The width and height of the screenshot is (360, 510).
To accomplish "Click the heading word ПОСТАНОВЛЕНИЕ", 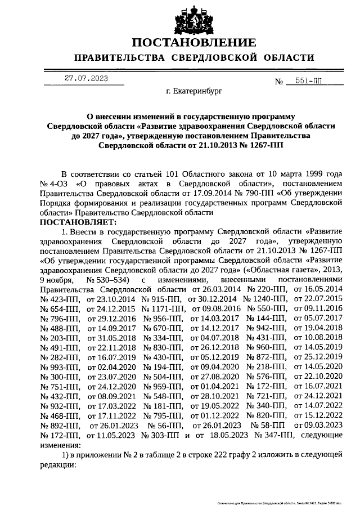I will point(195,43).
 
